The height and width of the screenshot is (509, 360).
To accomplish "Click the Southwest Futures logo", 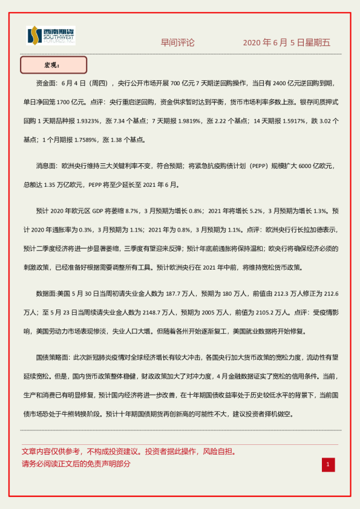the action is [x=51, y=36].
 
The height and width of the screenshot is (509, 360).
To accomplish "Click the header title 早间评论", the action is [x=178, y=43].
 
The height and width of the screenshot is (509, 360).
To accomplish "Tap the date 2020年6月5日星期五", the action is [x=287, y=43].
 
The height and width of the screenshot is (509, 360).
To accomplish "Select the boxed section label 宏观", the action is [x=53, y=65].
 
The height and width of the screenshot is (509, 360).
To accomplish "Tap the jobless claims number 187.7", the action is [x=175, y=293].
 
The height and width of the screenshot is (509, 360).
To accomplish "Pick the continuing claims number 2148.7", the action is [x=159, y=313].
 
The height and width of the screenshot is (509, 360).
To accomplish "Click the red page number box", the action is [x=328, y=464].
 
